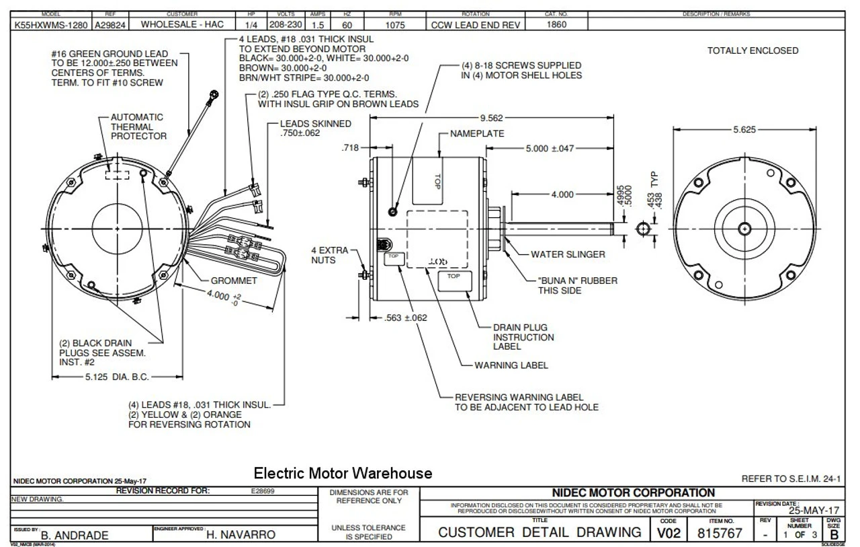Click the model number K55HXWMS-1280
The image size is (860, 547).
click(x=47, y=24)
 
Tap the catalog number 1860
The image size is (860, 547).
click(x=557, y=24)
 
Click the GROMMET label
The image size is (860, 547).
click(x=234, y=280)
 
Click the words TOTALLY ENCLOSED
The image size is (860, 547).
click(x=752, y=50)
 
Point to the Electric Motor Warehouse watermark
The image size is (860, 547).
click(x=343, y=474)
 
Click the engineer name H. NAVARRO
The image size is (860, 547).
click(x=240, y=535)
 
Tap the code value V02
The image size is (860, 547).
click(x=669, y=532)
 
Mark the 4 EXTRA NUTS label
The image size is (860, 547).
click(x=330, y=255)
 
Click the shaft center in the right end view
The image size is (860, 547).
click(x=745, y=229)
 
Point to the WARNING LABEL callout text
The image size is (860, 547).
click(x=511, y=365)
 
